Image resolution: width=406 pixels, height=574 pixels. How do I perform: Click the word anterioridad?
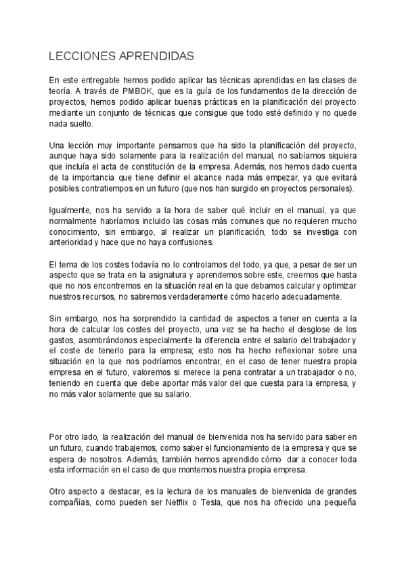pyautogui.click(x=74, y=243)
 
